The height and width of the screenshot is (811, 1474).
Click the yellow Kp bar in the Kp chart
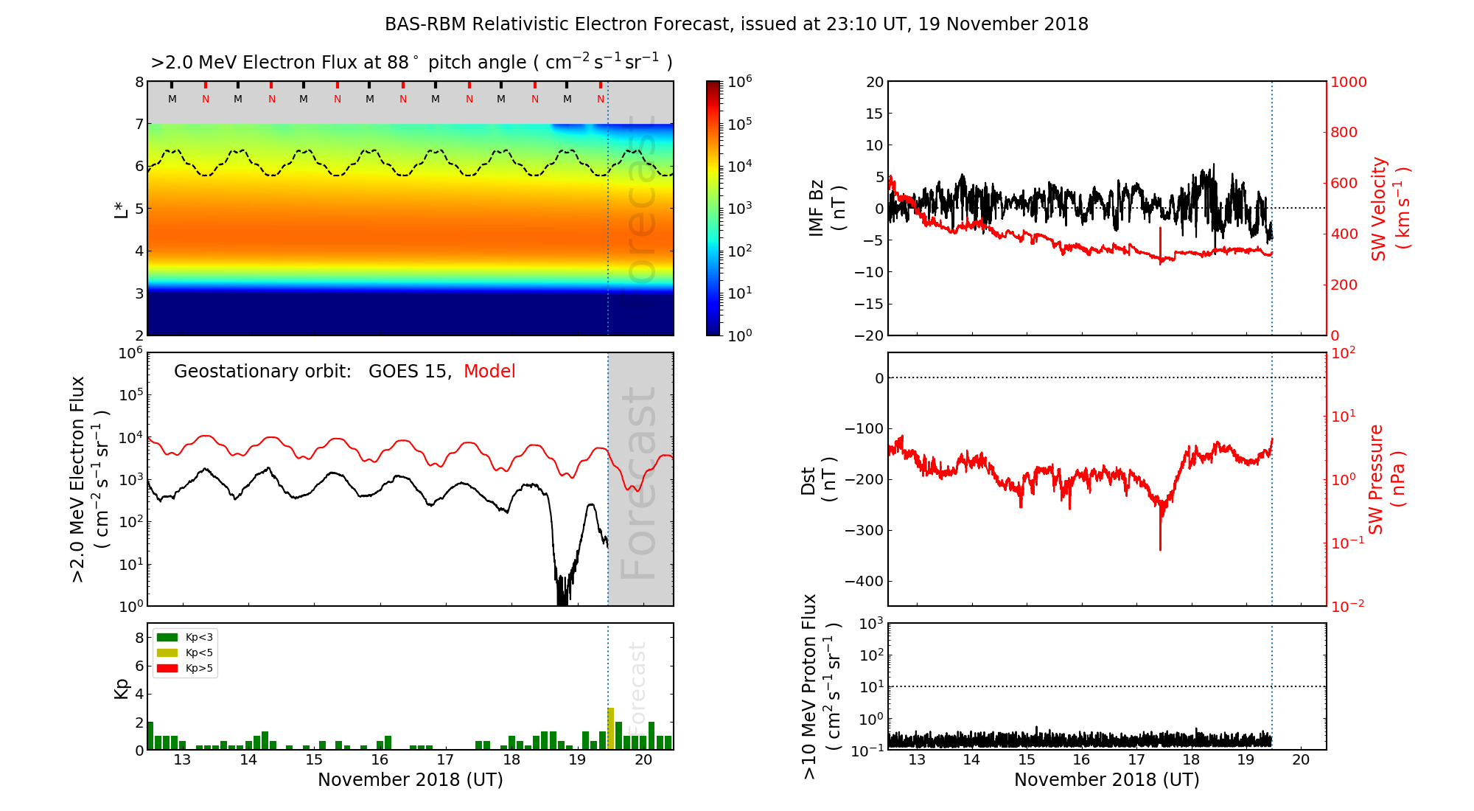[x=610, y=728]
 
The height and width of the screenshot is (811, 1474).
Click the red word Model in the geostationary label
[x=489, y=372]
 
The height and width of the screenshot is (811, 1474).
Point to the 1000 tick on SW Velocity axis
[x=1348, y=82]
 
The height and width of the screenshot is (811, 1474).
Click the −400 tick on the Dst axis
[x=863, y=581]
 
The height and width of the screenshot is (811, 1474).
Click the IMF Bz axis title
[x=825, y=209]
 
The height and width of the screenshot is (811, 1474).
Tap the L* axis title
[x=121, y=209]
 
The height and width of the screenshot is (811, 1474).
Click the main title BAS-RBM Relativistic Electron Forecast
[x=736, y=24]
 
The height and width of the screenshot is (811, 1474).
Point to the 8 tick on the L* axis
[x=139, y=82]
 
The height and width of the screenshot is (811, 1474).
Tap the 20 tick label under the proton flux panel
[x=1301, y=760]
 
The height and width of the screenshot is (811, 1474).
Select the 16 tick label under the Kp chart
[x=380, y=760]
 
